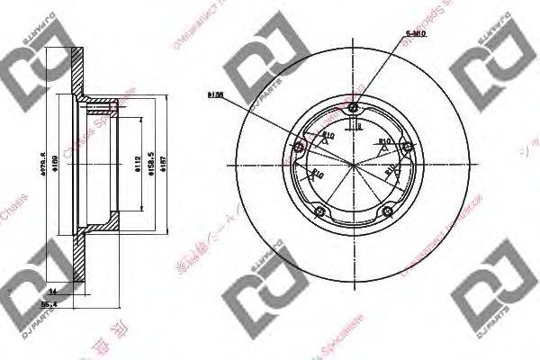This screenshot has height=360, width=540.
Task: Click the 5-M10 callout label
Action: [x=415, y=33]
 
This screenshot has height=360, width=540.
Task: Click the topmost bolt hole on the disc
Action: [x=352, y=111]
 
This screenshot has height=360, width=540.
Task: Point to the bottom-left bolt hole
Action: [x=318, y=211]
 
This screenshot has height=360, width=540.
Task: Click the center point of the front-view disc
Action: [x=352, y=166]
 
